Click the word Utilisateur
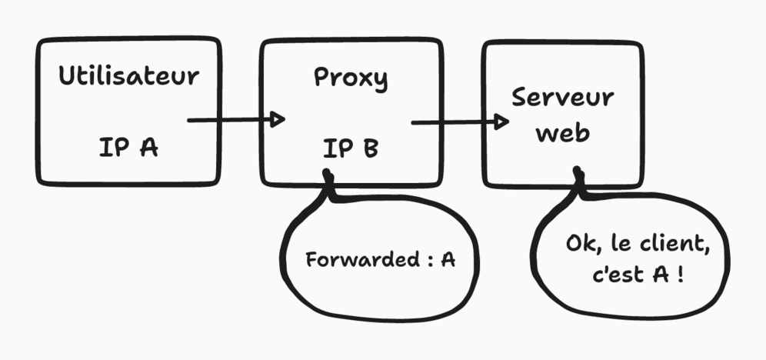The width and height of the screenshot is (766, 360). click(x=128, y=77)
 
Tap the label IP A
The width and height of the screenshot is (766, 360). click(x=128, y=147)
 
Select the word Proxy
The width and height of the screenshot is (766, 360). click(x=351, y=78)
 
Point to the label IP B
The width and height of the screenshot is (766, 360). click(x=351, y=148)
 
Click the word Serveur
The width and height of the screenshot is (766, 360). click(x=563, y=98)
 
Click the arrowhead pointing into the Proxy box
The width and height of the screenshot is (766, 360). click(x=278, y=120)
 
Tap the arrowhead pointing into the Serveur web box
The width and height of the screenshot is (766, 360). click(x=501, y=122)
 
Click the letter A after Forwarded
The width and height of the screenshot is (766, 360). click(x=448, y=260)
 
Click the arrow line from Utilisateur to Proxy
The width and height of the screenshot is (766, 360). click(x=227, y=120)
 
